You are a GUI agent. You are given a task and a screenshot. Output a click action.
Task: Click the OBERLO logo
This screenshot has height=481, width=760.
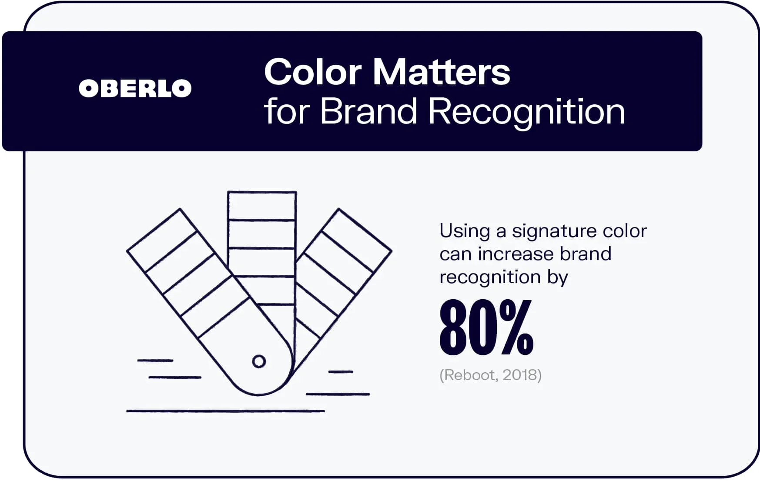(x=135, y=88)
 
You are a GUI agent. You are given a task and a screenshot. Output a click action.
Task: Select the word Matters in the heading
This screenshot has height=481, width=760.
(x=441, y=72)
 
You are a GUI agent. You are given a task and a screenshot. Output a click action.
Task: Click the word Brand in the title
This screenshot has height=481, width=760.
(x=369, y=111)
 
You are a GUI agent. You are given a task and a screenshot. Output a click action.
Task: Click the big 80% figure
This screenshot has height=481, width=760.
(x=486, y=327)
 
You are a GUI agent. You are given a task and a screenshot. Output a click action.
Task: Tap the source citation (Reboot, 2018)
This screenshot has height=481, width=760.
(x=490, y=375)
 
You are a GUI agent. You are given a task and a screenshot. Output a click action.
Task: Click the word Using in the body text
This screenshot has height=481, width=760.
(x=465, y=231)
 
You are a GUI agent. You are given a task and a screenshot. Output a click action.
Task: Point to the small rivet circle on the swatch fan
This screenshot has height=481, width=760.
(x=259, y=361)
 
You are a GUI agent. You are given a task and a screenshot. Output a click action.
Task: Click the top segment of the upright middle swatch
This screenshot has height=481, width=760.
(x=262, y=206)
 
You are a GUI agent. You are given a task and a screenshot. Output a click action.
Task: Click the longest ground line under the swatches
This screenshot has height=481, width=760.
(x=225, y=411)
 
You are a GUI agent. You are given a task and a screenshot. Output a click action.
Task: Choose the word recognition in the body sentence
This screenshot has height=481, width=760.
(x=490, y=277)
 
